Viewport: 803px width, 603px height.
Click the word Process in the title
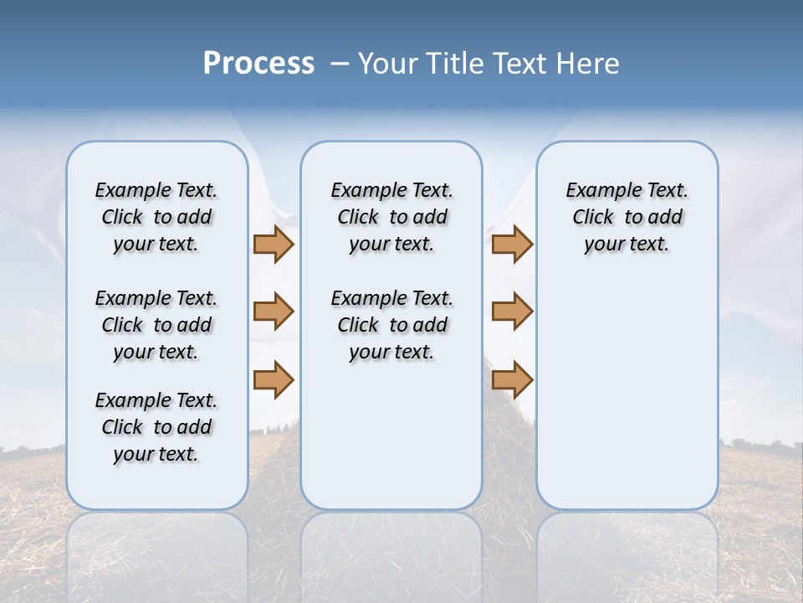point(258,63)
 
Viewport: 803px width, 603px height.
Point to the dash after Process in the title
point(340,64)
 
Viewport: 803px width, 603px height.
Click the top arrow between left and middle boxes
point(274,244)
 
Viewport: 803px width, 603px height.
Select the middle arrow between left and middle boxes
point(274,312)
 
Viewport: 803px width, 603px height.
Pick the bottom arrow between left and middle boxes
point(274,379)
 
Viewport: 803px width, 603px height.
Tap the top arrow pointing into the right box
point(512,244)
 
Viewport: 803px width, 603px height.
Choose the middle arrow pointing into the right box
point(512,312)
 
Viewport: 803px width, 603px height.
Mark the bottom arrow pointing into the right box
point(512,379)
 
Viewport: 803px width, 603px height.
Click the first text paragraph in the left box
point(156,217)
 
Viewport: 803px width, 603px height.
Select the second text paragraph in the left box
point(156,325)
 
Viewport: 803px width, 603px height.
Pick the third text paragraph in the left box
point(156,427)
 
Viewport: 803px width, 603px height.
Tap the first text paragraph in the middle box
point(391,217)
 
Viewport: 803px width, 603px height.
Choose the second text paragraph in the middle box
point(391,325)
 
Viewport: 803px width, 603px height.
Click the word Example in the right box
point(596,191)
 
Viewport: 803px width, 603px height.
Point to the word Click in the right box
point(593,218)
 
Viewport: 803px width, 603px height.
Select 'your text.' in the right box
point(627,245)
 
